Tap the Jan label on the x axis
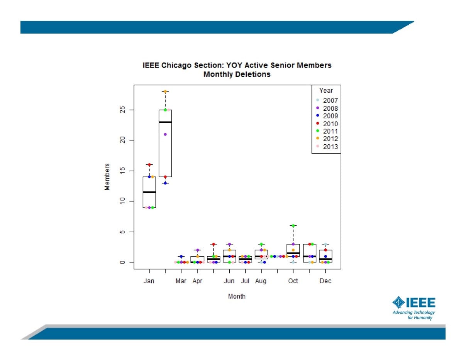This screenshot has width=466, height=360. [149, 281]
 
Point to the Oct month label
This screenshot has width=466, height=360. [293, 281]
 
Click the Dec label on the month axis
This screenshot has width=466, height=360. [325, 281]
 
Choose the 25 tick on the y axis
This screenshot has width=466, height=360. [122, 110]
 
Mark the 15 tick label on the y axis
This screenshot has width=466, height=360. [122, 171]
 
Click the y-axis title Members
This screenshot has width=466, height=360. [107, 177]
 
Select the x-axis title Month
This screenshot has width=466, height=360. [237, 296]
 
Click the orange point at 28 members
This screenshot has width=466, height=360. [165, 91]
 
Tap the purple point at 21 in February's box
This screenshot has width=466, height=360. [165, 134]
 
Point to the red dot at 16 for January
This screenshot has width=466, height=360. [149, 165]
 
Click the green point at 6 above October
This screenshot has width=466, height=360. [293, 226]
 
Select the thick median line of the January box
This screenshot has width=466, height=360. [149, 192]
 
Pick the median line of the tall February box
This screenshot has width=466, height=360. [165, 122]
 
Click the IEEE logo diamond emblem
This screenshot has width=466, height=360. [398, 303]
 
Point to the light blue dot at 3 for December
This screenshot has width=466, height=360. [325, 244]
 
